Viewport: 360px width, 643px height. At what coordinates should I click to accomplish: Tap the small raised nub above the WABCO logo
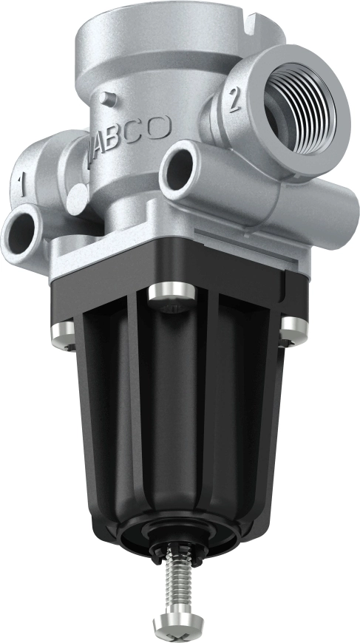109,95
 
